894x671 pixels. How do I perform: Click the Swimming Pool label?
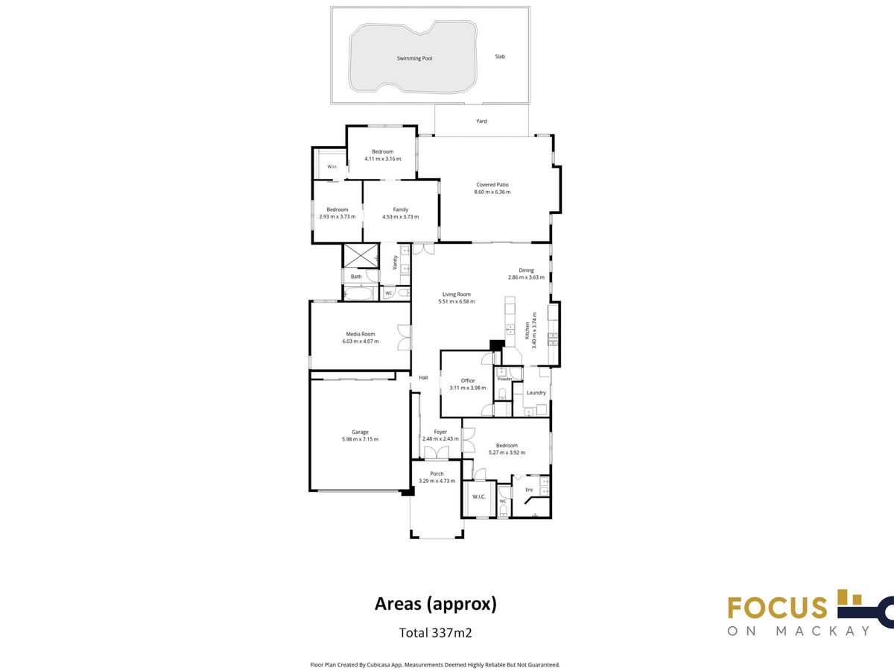415,58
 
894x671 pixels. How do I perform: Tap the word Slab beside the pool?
500,57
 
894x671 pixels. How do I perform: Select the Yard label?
481,121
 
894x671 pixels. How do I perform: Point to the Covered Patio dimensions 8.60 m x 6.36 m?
492,192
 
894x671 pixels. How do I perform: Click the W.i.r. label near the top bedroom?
332,166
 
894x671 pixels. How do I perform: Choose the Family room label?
401,210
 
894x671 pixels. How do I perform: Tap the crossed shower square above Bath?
361,256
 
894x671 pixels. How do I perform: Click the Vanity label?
395,262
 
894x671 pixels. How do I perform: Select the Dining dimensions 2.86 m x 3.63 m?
526,277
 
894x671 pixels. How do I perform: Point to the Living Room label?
457,294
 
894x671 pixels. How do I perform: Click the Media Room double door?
404,337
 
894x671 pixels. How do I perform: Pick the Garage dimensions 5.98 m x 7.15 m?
360,439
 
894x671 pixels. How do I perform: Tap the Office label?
468,380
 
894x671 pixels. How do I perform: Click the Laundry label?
536,393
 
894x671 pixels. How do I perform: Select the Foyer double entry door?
437,453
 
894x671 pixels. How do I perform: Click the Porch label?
437,474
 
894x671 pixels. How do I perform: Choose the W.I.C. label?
479,497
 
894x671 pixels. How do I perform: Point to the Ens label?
529,490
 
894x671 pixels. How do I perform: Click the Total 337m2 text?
435,633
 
